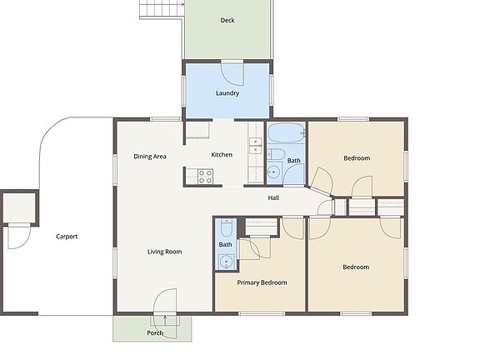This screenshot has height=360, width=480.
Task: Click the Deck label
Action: coord(227,21)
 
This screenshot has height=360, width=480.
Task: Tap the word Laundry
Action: coord(227,93)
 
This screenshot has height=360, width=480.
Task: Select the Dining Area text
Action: coord(150,156)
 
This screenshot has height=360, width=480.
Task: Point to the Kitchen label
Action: coord(222,155)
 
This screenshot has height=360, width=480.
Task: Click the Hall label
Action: coord(273,198)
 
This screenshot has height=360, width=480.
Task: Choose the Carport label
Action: coord(67,237)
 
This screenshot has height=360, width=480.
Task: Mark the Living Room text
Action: coord(164,252)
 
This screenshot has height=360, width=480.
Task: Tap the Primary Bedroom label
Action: coord(262,282)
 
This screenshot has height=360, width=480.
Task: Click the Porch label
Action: coord(155,333)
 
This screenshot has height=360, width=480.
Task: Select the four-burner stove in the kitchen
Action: coord(205,176)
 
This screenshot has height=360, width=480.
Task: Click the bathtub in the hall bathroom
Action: coord(286,132)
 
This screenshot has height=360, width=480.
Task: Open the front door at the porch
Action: coord(164,303)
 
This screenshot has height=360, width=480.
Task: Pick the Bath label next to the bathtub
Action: coord(294,161)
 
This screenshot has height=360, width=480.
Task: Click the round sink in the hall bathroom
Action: coord(274,173)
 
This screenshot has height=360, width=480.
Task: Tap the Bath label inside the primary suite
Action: coord(225,244)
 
